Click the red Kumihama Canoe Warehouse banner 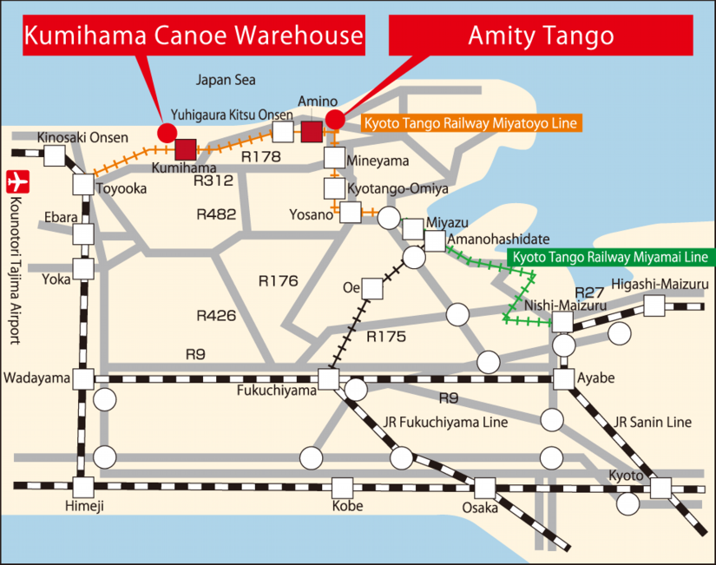click(x=192, y=36)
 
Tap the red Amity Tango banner click(x=541, y=36)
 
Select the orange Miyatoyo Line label click(x=470, y=124)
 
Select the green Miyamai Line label click(x=608, y=258)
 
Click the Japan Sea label click(x=226, y=80)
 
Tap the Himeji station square click(x=83, y=487)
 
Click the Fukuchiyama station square click(x=328, y=379)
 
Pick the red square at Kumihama click(x=186, y=148)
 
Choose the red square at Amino click(x=312, y=132)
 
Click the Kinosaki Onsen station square click(x=56, y=155)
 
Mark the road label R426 click(x=216, y=316)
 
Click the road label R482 click(x=216, y=214)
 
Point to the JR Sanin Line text click(x=653, y=423)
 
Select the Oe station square click(x=371, y=287)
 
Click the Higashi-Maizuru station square click(x=654, y=305)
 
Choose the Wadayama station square click(x=83, y=379)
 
